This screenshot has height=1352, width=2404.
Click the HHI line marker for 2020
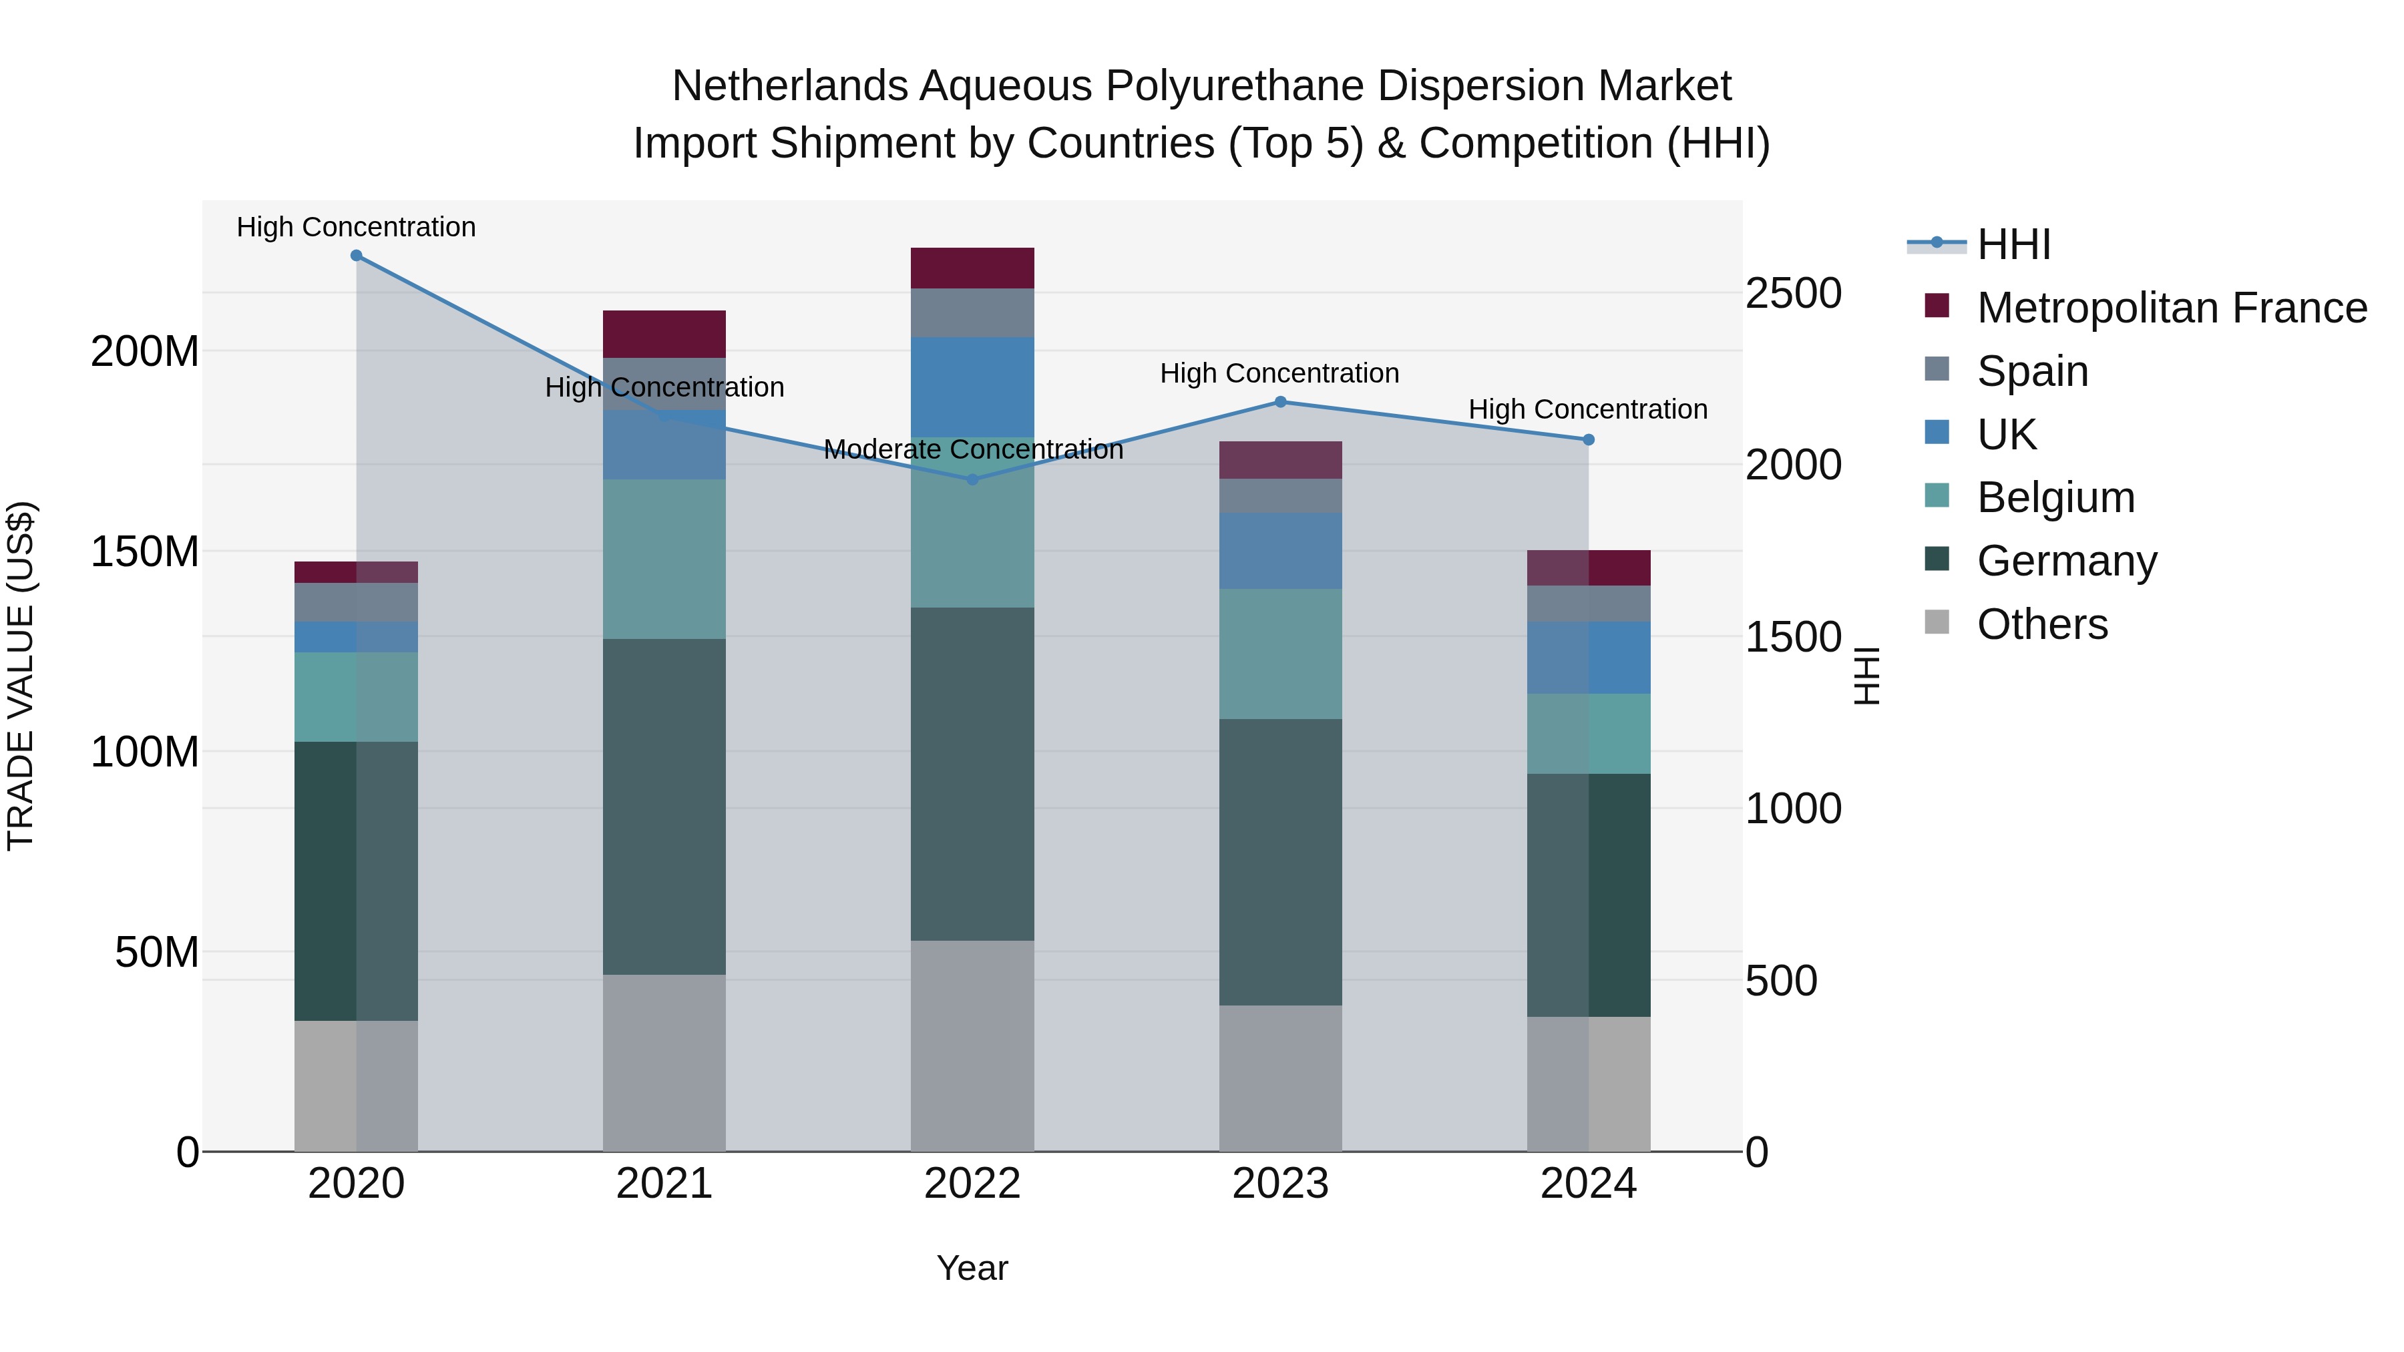[357, 256]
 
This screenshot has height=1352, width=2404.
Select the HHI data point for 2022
[972, 479]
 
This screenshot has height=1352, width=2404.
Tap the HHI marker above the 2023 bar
[1280, 402]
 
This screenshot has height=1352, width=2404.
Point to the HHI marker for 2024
[1589, 439]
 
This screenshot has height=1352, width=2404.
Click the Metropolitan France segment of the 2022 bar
[972, 268]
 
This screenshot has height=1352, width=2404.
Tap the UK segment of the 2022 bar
[972, 387]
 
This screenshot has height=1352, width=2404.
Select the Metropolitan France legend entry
[2171, 308]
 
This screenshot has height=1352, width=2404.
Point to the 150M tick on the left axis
[145, 551]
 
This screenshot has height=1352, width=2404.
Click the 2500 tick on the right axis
[1793, 293]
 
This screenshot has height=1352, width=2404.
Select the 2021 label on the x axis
[664, 1184]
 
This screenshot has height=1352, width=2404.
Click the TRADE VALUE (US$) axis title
[21, 676]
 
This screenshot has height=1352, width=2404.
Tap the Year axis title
[972, 1268]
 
